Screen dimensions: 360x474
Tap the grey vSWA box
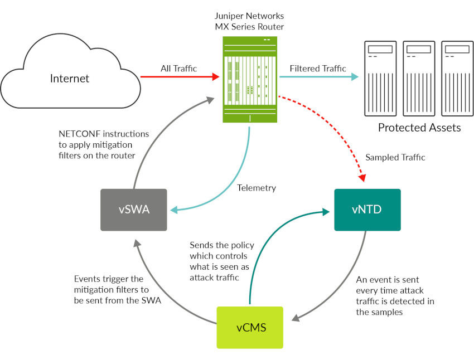[x=133, y=210]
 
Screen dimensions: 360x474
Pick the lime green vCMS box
[x=250, y=327]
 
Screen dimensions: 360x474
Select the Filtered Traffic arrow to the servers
[x=318, y=77]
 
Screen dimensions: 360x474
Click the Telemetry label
[x=256, y=188]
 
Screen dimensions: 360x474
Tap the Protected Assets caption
[x=419, y=128]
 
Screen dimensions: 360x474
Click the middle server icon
[x=419, y=78]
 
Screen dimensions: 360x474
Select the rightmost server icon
[x=457, y=78]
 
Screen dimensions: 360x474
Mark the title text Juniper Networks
[x=249, y=16]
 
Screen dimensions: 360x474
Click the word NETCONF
[x=77, y=134]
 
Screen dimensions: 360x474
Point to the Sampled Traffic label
[x=395, y=158]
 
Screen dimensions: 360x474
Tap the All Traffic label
[x=178, y=69]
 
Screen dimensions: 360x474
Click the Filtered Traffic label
[x=318, y=69]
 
